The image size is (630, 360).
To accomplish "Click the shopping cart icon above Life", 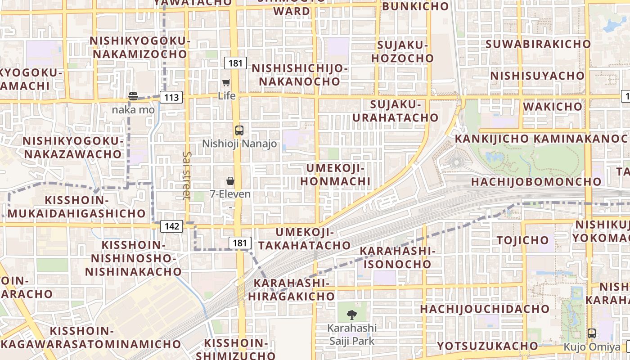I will point(226,83).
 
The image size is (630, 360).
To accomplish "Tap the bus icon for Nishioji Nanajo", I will point(239,130).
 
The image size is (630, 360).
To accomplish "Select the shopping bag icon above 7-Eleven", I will point(230,181).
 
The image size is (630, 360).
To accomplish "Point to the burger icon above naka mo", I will point(133,96).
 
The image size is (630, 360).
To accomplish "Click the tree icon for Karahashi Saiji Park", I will point(352,315).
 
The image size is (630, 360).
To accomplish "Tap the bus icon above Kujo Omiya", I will point(592,333).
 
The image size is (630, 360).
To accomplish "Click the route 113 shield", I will point(171,97).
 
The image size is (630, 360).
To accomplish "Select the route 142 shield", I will point(172,226).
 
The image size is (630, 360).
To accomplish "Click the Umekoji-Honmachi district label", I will point(335,175).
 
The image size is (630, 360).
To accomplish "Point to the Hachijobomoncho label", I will point(536,182).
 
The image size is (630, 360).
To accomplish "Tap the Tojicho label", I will point(522,240).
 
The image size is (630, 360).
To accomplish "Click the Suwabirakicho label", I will point(538,44).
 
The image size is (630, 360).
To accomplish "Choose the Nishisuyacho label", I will point(537,76).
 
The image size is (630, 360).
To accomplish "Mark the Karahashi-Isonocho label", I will point(397,257).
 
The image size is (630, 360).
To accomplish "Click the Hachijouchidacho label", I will point(485,309).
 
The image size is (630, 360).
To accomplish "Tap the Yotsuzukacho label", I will point(488,346).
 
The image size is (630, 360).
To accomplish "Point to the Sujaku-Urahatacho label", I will point(395,111).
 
